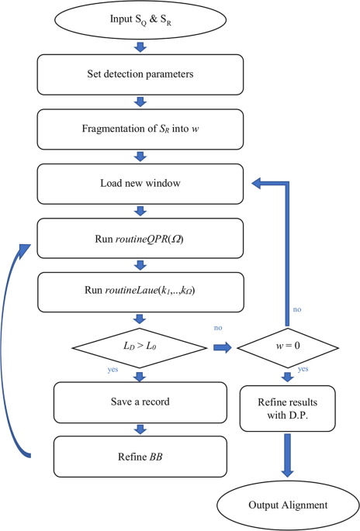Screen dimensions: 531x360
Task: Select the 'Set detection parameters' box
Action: (x=140, y=74)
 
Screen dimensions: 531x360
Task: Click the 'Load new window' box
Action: (x=140, y=184)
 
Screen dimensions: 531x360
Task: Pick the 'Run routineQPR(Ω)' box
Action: (x=140, y=238)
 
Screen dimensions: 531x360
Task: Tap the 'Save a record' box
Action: (x=140, y=401)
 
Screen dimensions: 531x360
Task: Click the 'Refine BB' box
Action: (x=140, y=456)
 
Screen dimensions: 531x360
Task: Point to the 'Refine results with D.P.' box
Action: (x=287, y=408)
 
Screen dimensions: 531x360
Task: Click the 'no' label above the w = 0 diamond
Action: (x=297, y=309)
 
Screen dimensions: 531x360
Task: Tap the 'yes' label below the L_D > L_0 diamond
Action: (x=113, y=370)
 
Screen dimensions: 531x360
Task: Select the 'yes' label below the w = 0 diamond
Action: (x=303, y=369)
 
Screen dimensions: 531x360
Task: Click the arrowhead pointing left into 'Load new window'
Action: (x=255, y=184)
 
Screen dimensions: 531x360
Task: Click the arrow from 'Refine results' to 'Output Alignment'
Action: (x=287, y=455)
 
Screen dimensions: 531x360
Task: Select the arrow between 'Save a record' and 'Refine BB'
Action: (x=140, y=428)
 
